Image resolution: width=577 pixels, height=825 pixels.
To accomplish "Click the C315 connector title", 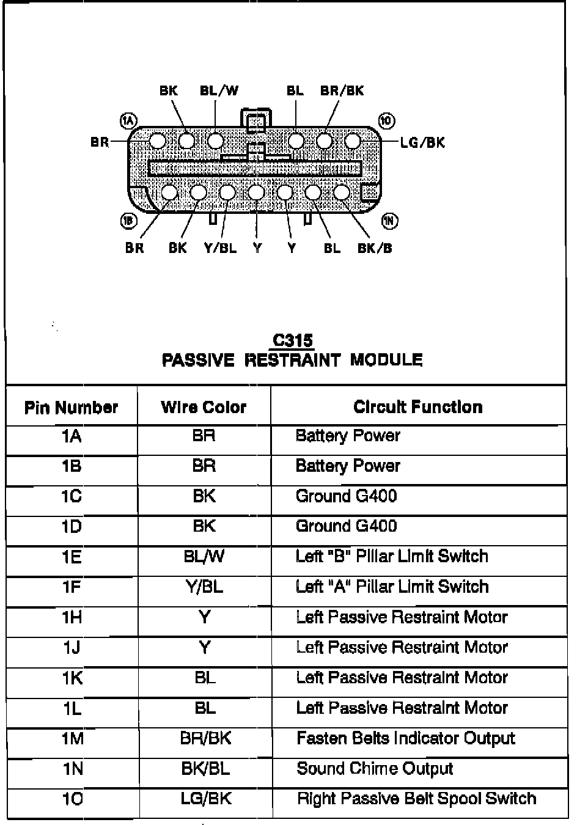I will (293, 340).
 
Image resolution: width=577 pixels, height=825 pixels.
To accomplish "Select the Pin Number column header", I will (71, 408).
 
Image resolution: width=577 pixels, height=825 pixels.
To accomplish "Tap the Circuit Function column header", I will (418, 407).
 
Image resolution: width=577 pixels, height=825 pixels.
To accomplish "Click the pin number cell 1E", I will (72, 557).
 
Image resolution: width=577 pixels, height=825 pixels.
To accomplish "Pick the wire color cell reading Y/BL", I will (204, 587).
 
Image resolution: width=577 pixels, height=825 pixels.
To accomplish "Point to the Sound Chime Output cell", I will (375, 769).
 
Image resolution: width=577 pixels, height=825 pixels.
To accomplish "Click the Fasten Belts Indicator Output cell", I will (406, 738).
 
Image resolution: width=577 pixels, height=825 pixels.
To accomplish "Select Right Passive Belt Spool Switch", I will (416, 799).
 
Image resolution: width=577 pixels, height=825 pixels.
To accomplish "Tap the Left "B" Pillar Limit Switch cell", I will (392, 557).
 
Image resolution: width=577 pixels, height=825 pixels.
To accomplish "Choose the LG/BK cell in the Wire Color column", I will (206, 799).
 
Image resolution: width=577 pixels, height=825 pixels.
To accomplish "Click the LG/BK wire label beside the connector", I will (422, 143).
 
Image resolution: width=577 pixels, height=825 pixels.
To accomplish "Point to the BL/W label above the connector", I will (219, 91).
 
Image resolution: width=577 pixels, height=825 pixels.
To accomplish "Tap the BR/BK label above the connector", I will (342, 91).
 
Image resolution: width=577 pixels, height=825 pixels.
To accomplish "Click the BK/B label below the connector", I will (375, 248).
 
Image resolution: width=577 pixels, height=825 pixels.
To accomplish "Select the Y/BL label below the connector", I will (220, 248).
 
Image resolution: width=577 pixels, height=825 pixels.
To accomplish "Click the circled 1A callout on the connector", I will (129, 120).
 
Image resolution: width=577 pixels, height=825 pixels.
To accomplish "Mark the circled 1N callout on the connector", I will (389, 221).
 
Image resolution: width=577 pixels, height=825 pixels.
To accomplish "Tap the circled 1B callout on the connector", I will (129, 221).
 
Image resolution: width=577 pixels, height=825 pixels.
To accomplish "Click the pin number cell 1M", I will (72, 739).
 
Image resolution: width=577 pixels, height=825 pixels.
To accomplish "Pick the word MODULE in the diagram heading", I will (386, 360).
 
